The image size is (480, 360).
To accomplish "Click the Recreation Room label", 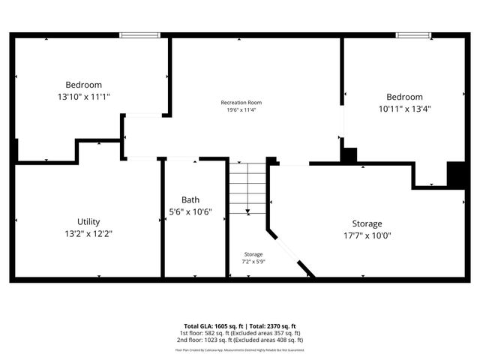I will pos(241,102).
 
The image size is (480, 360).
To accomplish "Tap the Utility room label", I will pos(88,222).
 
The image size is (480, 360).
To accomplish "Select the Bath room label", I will pos(190,200).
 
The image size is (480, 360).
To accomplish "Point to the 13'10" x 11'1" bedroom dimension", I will pos(83,97).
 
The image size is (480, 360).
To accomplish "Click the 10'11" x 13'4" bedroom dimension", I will pos(404,108).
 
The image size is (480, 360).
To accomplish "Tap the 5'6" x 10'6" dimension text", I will pos(190,211).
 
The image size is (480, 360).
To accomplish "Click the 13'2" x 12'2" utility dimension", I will pos(88,233).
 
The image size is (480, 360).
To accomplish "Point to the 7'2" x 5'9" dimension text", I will pos(253,262).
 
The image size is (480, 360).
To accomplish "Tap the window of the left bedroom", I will pos(140,34).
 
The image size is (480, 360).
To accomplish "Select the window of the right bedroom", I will pos(413,34).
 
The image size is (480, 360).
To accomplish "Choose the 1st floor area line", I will pos(240,333).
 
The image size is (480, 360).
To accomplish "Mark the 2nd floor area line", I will pos(240,340).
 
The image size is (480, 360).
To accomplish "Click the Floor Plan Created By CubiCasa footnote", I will pos(240,349).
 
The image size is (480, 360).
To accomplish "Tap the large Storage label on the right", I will pos(367,223).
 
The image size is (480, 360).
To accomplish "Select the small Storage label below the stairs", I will pos(253,254).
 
